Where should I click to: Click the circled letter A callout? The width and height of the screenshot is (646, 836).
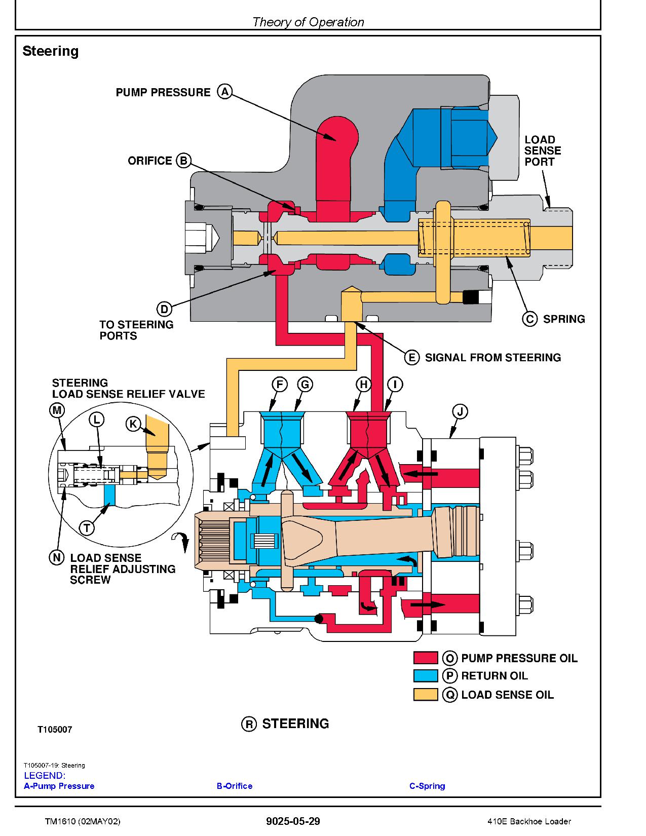224,92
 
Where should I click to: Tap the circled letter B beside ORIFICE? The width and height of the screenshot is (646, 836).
183,161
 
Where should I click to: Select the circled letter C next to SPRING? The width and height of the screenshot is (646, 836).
529,319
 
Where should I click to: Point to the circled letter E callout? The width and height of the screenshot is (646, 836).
412,357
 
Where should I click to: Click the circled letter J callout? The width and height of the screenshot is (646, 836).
460,411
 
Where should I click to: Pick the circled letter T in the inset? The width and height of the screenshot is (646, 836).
87,528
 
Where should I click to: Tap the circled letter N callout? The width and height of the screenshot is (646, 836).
56,557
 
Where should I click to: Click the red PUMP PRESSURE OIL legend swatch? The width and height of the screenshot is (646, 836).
425,658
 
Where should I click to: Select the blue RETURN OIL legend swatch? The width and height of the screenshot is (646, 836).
425,676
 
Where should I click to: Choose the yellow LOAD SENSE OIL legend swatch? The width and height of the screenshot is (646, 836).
425,695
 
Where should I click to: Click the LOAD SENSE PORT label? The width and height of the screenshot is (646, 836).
542,150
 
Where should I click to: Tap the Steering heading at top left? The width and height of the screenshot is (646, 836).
51,51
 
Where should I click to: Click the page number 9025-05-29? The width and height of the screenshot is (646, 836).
293,821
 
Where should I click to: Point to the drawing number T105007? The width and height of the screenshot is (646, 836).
55,730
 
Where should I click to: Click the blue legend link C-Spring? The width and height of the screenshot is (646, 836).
427,786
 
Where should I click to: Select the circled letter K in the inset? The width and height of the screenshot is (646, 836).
133,424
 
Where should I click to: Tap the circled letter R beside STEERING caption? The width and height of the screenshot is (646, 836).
249,724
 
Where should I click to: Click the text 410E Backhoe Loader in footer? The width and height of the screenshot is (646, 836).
529,821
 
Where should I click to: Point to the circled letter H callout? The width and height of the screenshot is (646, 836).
363,385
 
